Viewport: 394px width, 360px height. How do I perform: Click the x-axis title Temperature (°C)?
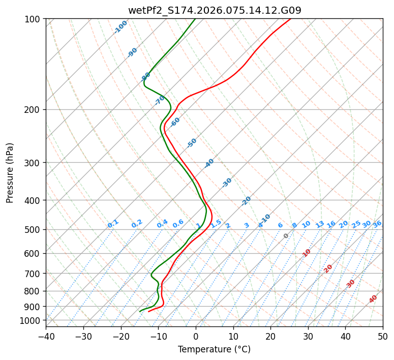215,350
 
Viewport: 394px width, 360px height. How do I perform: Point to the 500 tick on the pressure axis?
33,230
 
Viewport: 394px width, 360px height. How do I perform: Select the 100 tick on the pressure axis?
33,19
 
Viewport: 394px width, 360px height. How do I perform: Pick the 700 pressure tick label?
33,274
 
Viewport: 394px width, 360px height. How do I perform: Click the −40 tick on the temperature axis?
46,336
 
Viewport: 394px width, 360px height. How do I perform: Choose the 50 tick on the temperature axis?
383,336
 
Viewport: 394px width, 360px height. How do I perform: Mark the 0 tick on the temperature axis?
196,336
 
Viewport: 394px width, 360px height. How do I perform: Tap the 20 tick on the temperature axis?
270,336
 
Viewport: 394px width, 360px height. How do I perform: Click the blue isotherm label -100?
121,27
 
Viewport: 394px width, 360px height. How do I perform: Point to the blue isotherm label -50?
192,143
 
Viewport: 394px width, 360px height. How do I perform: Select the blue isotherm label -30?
227,183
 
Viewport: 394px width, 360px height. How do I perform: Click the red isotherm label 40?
373,299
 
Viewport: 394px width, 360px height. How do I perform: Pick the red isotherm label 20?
328,268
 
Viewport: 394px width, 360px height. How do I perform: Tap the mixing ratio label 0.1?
113,224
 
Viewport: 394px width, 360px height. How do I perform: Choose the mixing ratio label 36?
377,224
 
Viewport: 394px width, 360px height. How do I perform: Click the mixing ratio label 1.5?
216,223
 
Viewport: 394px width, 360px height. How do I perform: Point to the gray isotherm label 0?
286,236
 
